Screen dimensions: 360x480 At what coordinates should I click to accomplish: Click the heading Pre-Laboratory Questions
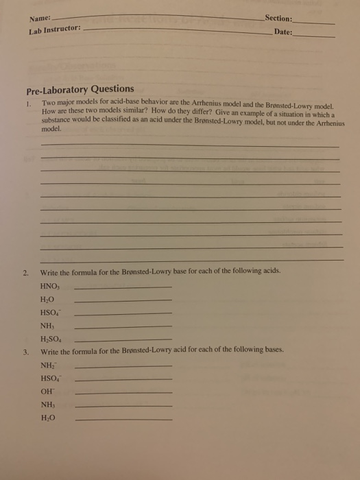[x=80, y=89]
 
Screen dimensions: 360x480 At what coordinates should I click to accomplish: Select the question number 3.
[x=25, y=350]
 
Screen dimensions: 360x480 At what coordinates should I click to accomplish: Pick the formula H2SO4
[x=53, y=339]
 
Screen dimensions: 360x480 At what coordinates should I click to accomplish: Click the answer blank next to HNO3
[x=122, y=287]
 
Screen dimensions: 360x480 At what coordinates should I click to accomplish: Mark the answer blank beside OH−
[x=123, y=393]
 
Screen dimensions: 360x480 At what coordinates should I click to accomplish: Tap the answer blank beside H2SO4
[x=122, y=340]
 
